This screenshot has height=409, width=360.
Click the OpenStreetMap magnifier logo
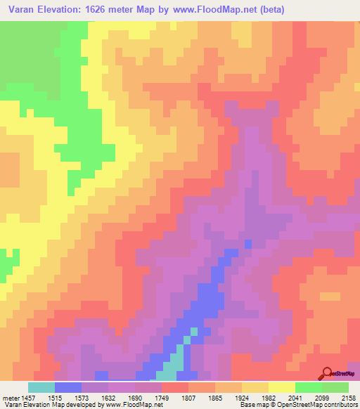(x=327, y=372)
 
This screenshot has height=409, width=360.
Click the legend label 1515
(x=68, y=398)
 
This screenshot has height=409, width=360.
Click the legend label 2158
(x=349, y=398)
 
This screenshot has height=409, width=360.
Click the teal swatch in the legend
(x=41, y=387)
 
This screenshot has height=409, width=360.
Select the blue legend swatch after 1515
(x=68, y=387)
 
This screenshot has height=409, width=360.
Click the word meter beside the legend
(x=11, y=398)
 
